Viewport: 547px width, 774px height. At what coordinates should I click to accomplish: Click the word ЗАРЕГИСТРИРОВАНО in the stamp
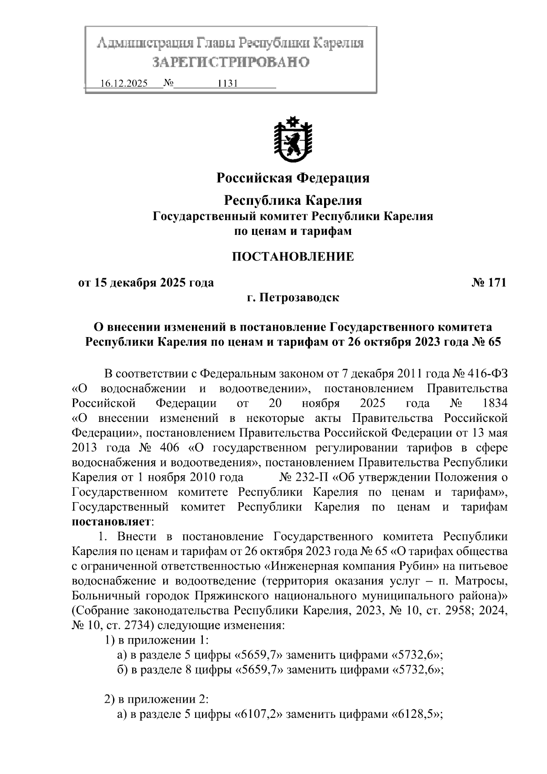click(x=231, y=62)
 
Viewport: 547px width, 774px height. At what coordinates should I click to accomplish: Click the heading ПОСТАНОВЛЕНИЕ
click(x=293, y=257)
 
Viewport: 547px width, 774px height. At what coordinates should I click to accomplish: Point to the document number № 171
click(x=489, y=283)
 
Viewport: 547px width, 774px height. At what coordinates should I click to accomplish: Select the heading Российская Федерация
click(x=293, y=178)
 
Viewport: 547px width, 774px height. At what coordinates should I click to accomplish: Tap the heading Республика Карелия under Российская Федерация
click(x=293, y=200)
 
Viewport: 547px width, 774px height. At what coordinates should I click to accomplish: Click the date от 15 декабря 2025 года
click(x=146, y=283)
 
